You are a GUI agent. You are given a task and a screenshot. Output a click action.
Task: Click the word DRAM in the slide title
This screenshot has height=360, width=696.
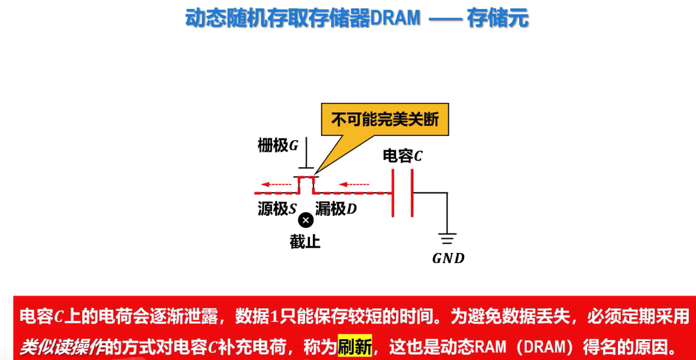click(395, 18)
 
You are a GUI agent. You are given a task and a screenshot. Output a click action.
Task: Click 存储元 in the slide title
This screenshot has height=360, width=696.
click(498, 18)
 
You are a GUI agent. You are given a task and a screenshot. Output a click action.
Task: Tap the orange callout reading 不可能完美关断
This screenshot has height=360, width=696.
click(385, 120)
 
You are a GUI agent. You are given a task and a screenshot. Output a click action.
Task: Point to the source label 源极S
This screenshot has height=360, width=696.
click(277, 209)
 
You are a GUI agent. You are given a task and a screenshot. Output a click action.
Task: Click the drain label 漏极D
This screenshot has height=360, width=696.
click(336, 209)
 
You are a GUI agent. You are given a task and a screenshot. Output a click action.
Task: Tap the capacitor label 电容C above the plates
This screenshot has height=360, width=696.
click(403, 156)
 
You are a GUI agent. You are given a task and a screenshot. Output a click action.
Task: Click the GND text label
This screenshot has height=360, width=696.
click(448, 258)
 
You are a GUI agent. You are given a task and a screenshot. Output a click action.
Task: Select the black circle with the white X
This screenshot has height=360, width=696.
click(306, 220)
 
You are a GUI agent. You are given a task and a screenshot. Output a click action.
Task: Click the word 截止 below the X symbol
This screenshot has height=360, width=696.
click(305, 241)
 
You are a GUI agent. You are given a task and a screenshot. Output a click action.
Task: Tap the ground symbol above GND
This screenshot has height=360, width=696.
click(447, 239)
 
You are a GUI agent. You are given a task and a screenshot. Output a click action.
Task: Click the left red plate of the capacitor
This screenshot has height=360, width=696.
click(393, 193)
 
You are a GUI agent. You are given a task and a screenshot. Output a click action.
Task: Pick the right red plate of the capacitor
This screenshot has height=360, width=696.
click(411, 193)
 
